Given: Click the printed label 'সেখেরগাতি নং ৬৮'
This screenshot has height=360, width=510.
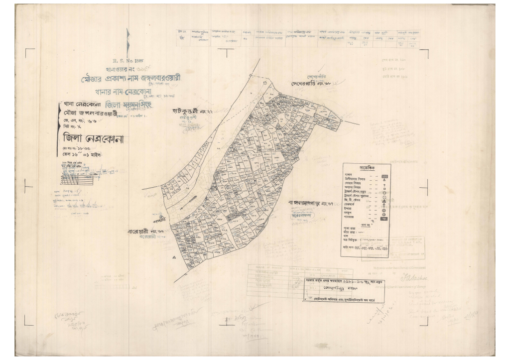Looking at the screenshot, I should click(x=311, y=83).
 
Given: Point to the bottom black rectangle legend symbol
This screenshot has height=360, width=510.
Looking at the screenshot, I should click(x=384, y=218).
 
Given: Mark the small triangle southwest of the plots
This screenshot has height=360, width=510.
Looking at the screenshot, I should click(x=174, y=257).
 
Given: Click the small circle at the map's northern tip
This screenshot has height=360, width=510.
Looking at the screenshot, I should click(x=265, y=83).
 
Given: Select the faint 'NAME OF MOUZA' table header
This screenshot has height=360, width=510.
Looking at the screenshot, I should click(x=262, y=267).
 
